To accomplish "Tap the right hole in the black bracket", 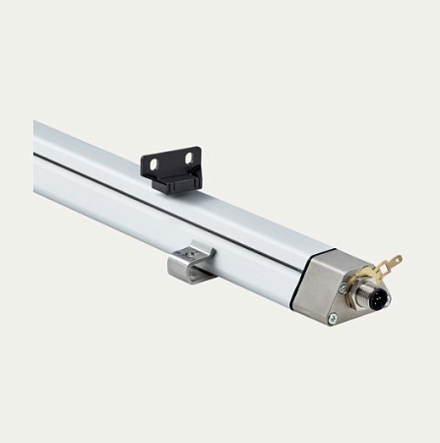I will point(183,158).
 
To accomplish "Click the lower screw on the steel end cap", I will point(332,317).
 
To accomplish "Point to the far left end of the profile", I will point(37,158).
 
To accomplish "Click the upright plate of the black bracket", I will point(171,161).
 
